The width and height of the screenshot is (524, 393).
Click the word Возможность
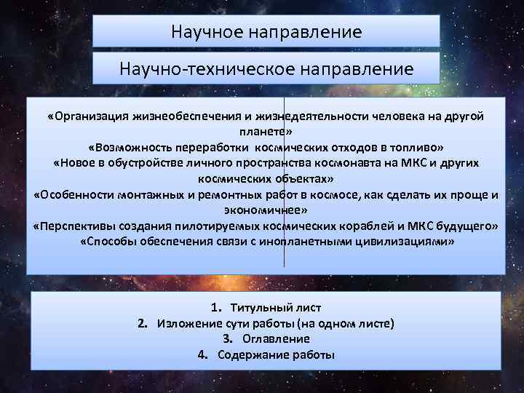point(129,147)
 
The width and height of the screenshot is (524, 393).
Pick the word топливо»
point(414,147)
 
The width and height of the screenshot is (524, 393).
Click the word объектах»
point(302,178)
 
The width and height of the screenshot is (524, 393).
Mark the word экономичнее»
point(266,210)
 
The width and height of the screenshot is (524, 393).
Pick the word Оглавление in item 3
point(277,339)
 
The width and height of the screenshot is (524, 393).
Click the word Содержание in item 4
point(248,355)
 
